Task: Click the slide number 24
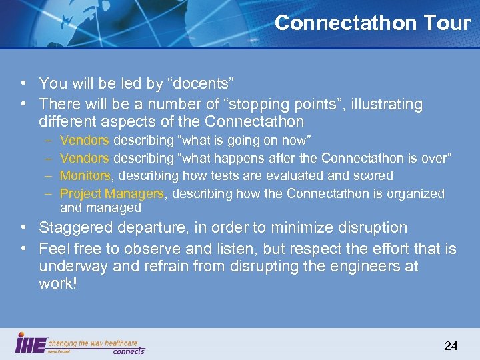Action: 451,345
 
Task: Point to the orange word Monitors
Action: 85,176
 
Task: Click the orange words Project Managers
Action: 111,194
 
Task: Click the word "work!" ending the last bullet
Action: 58,285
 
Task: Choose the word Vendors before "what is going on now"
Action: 85,140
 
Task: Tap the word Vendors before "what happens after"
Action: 85,158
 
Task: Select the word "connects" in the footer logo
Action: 129,350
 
